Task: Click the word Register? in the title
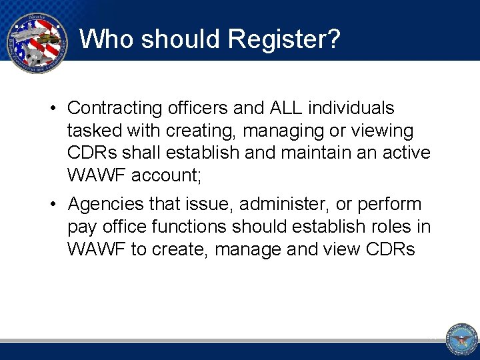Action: [284, 39]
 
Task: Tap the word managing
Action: [271, 131]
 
